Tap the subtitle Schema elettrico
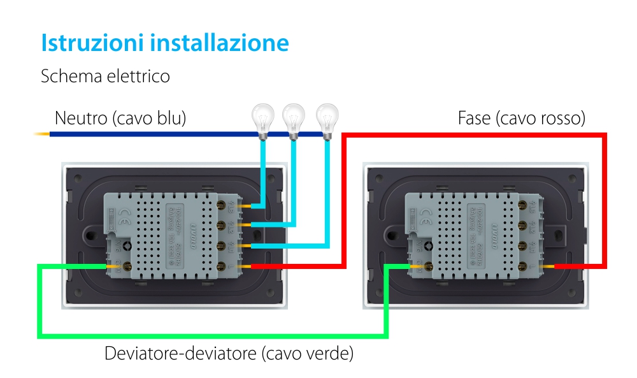point(105,76)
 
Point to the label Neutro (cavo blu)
point(120,118)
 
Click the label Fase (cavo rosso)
point(521,118)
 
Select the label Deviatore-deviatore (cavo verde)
point(229,353)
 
